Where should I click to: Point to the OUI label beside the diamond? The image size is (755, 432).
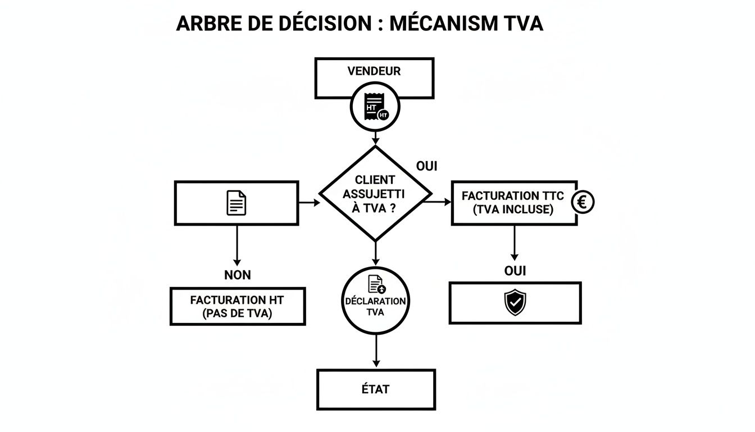tap(427, 166)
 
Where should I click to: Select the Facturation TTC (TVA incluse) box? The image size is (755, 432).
tap(513, 203)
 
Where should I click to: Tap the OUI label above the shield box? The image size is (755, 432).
tap(515, 271)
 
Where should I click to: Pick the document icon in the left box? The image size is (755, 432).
tap(236, 202)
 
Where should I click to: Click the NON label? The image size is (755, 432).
tap(237, 275)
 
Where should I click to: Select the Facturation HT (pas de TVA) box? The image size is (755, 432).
tap(237, 307)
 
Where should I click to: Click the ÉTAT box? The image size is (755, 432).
tap(376, 389)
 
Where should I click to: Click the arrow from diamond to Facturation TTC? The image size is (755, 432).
tap(442, 201)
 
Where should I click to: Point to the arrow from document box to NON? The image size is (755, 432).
tap(236, 245)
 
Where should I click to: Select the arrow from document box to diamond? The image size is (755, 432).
tap(308, 201)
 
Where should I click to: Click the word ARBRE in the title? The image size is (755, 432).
tap(209, 23)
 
